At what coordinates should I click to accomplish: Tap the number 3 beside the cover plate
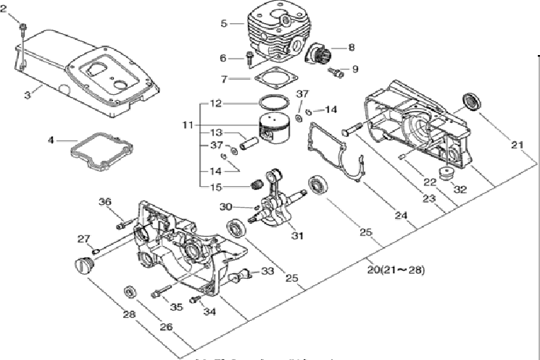click(x=28, y=94)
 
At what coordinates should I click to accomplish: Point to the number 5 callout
click(x=225, y=23)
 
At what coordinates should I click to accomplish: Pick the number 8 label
click(x=351, y=48)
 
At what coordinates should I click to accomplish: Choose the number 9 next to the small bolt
click(x=355, y=70)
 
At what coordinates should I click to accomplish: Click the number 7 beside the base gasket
click(x=225, y=78)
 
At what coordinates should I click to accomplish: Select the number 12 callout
click(x=215, y=104)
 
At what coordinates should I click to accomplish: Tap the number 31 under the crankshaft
click(x=296, y=235)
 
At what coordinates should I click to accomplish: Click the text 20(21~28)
click(x=396, y=270)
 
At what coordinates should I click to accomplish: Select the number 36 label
click(x=105, y=202)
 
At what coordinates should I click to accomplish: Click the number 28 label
click(x=129, y=314)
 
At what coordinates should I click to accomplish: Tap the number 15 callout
click(x=215, y=188)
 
